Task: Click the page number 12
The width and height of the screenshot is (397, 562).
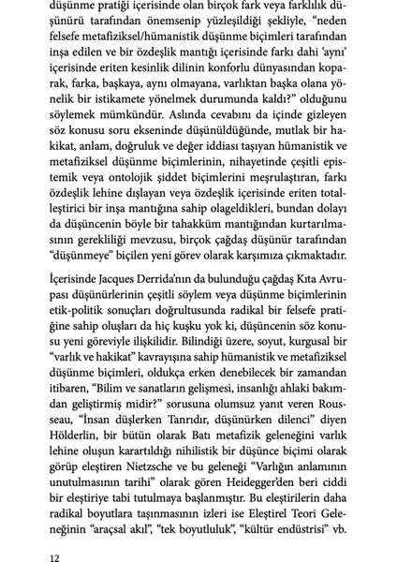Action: point(54,556)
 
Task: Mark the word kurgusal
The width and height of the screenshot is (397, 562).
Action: point(318,363)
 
